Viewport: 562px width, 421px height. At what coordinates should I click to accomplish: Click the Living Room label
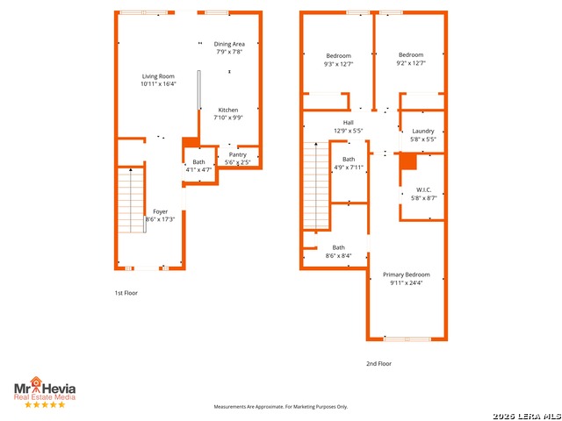[158, 76]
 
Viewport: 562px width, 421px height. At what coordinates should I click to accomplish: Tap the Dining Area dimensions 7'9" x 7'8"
[229, 52]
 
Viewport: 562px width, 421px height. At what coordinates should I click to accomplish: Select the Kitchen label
[228, 110]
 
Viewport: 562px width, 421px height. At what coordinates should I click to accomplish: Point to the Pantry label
[238, 154]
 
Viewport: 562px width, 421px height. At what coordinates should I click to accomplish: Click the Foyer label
[160, 211]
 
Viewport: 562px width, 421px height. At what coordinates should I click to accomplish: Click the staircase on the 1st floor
[131, 200]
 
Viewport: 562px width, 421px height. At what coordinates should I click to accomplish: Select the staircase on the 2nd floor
[316, 185]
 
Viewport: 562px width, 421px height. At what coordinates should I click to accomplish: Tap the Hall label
[348, 123]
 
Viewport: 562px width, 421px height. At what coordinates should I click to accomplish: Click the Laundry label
[423, 131]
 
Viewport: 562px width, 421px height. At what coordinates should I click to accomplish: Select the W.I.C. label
[423, 189]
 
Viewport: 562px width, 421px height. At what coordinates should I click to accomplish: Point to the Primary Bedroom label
[407, 275]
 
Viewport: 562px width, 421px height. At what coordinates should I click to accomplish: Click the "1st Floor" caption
[126, 293]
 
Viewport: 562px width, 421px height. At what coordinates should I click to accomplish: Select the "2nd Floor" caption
[378, 363]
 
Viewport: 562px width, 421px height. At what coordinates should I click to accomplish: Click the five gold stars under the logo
[45, 404]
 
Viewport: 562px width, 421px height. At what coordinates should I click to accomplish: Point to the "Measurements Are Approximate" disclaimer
[281, 407]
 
